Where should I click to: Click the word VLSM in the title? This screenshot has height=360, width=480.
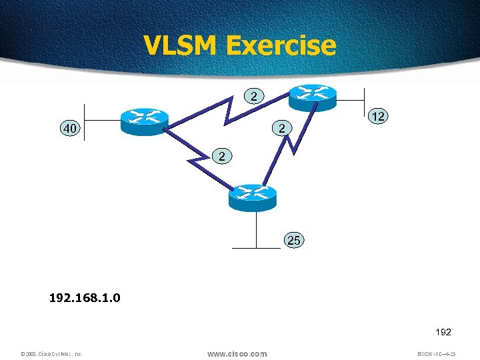[x=181, y=45]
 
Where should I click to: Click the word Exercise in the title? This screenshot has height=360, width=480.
[x=281, y=45]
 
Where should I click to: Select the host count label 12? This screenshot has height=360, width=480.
[x=379, y=116]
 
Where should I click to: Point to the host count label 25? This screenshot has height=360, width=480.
[x=294, y=240]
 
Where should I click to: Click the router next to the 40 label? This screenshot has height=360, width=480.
[x=143, y=120]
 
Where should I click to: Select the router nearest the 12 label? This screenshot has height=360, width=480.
[x=312, y=96]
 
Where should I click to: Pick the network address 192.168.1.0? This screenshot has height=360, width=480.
[x=85, y=297]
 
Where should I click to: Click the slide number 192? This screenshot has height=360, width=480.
[x=443, y=331]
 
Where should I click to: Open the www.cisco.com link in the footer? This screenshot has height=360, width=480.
[x=237, y=354]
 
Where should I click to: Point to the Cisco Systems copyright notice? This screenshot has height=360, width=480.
[x=51, y=354]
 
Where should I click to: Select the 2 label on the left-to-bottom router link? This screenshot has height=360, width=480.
[x=223, y=156]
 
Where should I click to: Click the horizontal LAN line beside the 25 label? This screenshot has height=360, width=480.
[x=257, y=248]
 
